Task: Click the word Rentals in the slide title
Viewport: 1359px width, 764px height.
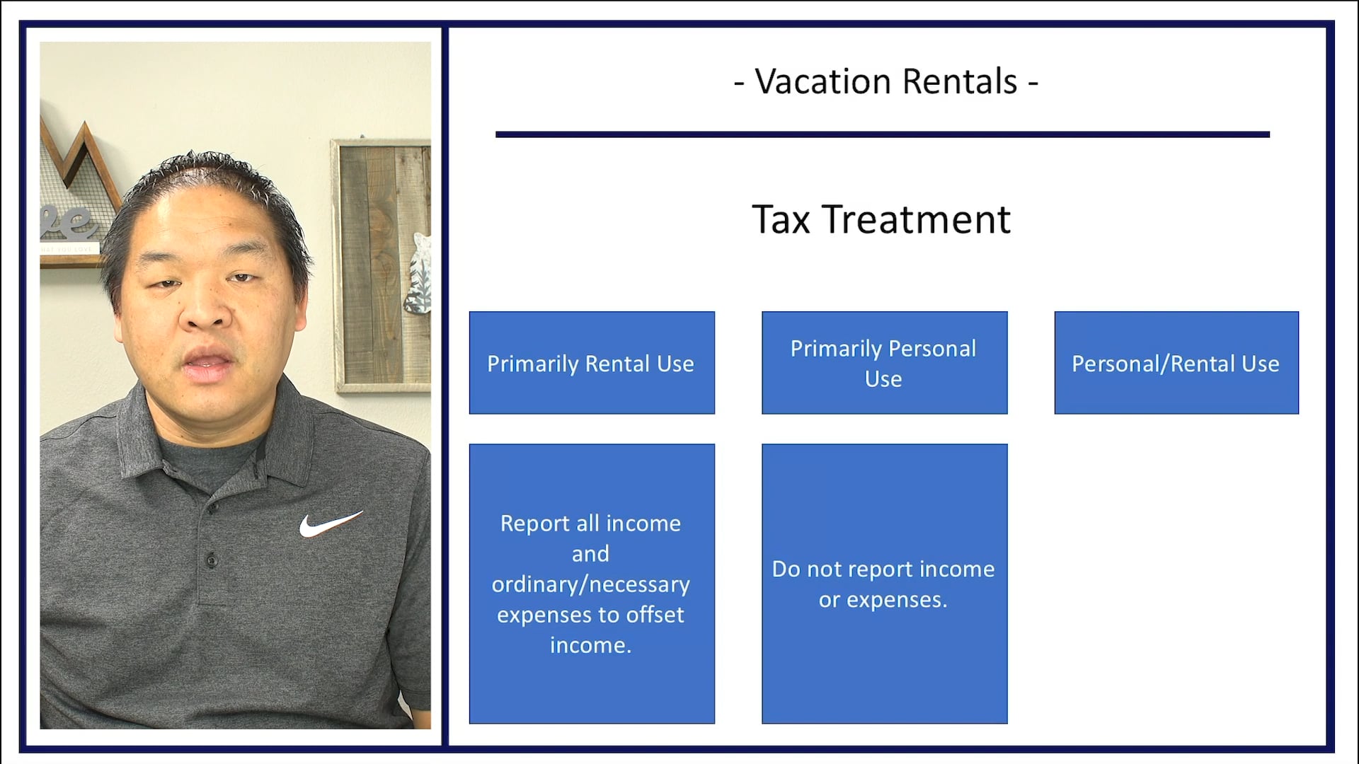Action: pos(960,82)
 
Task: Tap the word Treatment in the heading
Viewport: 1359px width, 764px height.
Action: pos(916,220)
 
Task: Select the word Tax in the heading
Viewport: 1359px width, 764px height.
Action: pos(780,220)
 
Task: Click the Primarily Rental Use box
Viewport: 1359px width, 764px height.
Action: pos(591,363)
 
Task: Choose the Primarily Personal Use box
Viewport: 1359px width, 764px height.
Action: pos(884,363)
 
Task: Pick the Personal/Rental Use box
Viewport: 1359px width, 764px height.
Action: pos(1176,363)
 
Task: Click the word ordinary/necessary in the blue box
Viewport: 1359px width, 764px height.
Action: pos(590,584)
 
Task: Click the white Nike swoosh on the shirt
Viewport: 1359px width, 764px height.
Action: pos(329,524)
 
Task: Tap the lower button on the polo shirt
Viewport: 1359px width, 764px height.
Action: pos(211,560)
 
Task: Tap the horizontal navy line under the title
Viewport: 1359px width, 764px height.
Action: pos(882,134)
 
